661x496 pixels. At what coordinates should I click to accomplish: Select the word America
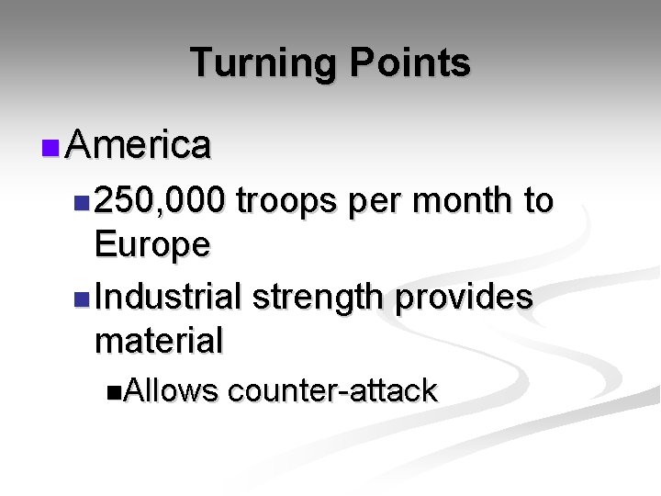click(x=140, y=144)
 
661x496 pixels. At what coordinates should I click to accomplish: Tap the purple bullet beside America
click(x=50, y=146)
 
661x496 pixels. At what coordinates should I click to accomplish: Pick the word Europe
click(x=152, y=245)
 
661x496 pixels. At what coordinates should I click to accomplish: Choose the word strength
click(x=321, y=297)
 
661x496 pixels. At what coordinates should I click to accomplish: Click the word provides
click(x=467, y=298)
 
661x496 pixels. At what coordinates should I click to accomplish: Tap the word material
click(x=158, y=341)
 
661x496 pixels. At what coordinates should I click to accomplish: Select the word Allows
click(x=171, y=391)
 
